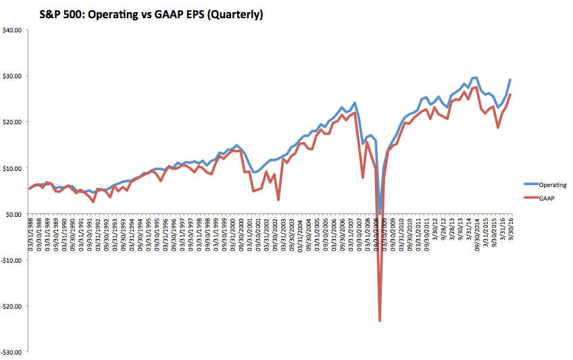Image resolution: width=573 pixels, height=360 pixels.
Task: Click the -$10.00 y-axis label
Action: (13, 260)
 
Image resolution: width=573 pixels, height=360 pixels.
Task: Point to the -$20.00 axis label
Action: (13, 306)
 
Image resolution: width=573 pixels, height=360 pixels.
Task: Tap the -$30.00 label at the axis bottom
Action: (13, 352)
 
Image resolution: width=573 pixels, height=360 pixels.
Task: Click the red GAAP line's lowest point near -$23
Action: (380, 320)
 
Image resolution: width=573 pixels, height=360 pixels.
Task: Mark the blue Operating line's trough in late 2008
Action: (380, 214)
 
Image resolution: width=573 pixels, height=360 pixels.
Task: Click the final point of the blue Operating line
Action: (509, 80)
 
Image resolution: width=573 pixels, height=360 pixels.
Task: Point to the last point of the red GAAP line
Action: (509, 95)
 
